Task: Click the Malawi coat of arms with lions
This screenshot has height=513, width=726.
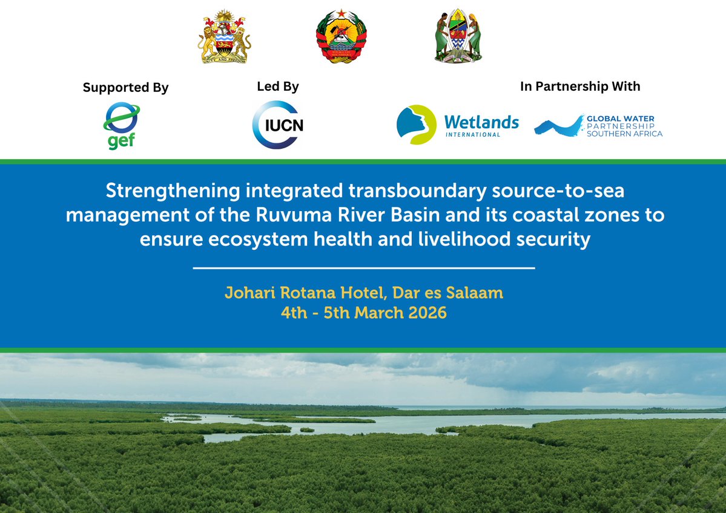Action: (x=224, y=38)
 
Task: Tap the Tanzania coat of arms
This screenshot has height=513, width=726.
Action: (x=458, y=36)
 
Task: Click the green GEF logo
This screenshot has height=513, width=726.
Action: (x=122, y=125)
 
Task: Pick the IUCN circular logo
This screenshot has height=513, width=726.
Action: (x=277, y=125)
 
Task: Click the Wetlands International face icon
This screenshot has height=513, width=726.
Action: (x=416, y=125)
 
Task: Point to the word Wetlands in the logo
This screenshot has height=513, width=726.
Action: (x=481, y=122)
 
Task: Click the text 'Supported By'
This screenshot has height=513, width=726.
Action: (x=125, y=88)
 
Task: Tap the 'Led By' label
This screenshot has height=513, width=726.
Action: (x=278, y=87)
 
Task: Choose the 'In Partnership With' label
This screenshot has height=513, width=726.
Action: (x=579, y=87)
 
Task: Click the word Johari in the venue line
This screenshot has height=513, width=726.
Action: (x=249, y=293)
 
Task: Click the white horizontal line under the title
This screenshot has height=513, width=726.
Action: (x=363, y=267)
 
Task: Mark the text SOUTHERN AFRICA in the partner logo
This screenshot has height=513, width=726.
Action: (x=624, y=134)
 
